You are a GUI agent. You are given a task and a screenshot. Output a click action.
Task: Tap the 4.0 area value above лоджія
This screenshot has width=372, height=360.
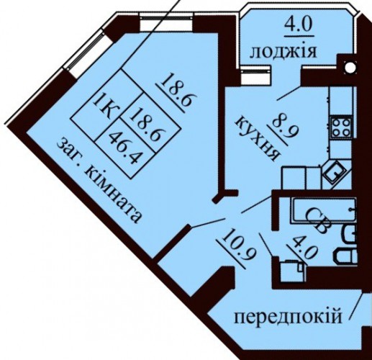point(299,26)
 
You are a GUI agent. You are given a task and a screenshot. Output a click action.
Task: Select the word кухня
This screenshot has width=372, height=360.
point(256,138)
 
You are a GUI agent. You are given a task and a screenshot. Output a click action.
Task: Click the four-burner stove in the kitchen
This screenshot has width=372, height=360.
point(341,127)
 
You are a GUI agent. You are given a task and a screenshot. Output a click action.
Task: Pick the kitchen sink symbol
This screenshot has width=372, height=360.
point(335,172)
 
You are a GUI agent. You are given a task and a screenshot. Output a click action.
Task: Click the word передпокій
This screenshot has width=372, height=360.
point(288,317)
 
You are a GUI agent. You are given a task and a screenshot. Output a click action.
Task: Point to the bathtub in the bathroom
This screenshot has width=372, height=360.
point(324,210)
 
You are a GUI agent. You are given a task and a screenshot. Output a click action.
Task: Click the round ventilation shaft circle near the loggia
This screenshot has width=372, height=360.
point(350,66)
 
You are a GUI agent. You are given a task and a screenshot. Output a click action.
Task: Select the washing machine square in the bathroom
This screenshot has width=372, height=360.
point(293,271)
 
